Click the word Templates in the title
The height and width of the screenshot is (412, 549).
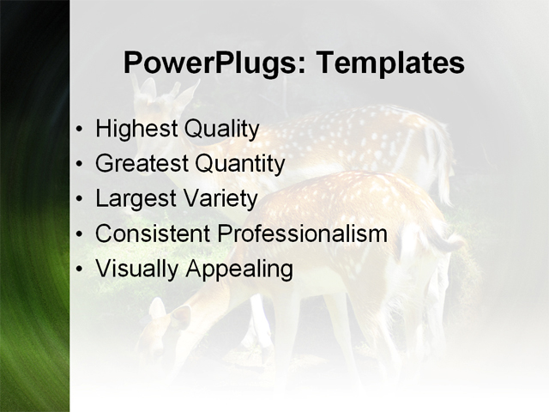point(390,64)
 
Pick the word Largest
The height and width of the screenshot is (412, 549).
point(134,199)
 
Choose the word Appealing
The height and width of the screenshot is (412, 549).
point(239,270)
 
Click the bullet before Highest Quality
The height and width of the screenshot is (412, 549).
point(80,130)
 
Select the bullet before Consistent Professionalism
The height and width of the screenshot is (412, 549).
point(80,234)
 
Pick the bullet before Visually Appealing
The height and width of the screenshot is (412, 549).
point(80,270)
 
